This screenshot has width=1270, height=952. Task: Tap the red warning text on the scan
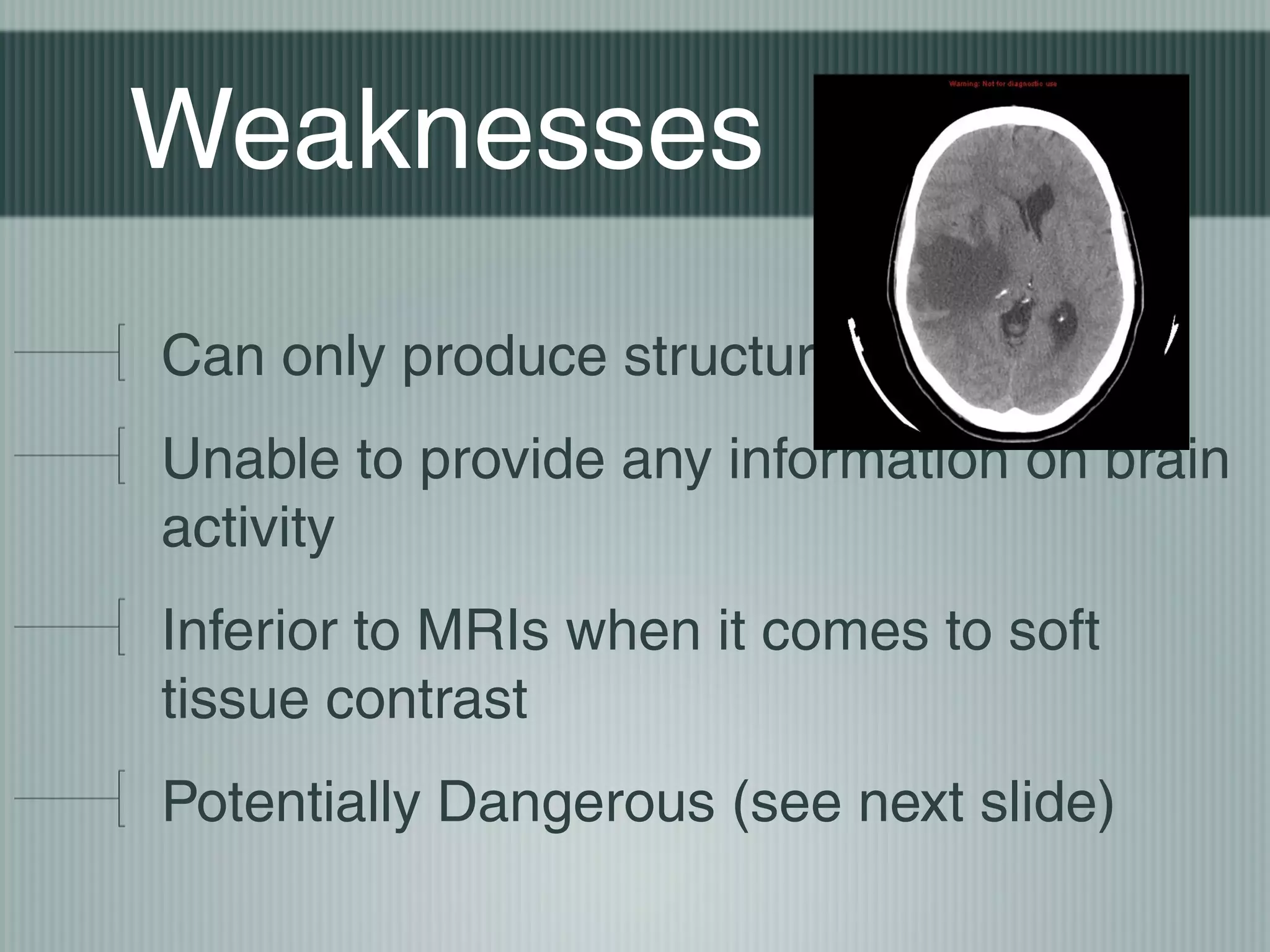(x=1002, y=84)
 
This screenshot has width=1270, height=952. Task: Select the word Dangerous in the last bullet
(x=576, y=802)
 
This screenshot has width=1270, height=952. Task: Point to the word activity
(x=247, y=528)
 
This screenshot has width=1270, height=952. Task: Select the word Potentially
(x=291, y=802)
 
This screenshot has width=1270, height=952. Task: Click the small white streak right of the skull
(x=1171, y=335)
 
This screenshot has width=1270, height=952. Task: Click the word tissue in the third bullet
(x=235, y=699)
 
